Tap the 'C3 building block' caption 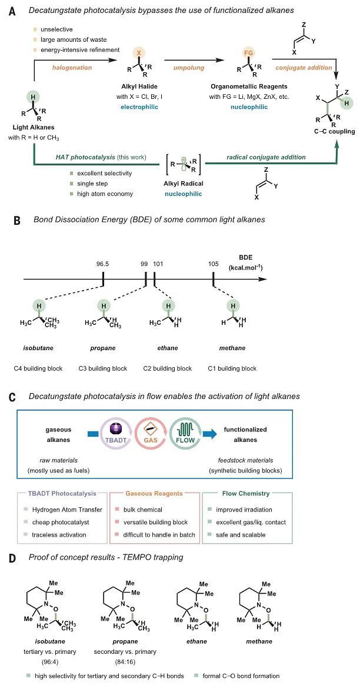pyautogui.click(x=103, y=368)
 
